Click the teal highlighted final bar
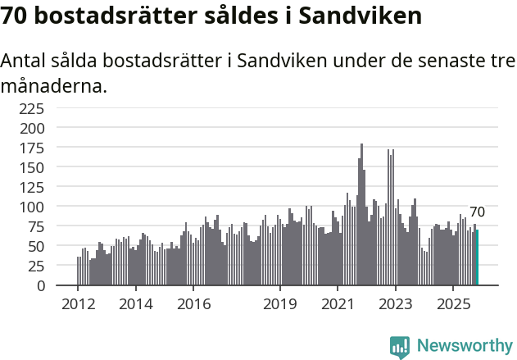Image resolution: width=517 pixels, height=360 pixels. coord(477,257)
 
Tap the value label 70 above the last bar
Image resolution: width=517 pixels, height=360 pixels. coord(477,212)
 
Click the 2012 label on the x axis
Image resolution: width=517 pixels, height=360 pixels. coord(78,305)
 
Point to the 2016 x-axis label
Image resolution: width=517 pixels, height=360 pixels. coord(193,305)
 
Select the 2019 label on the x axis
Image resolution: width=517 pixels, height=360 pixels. coord(280,305)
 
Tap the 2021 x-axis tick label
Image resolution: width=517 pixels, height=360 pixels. coord(338,305)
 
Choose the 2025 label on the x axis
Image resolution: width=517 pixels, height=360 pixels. coord(453,305)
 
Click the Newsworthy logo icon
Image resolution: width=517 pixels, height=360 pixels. coord(400,347)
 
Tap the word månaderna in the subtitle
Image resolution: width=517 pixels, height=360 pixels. coord(54,85)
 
